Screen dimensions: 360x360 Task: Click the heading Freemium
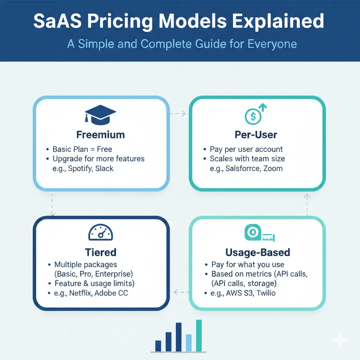click(x=101, y=135)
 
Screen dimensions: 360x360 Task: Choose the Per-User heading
click(x=256, y=135)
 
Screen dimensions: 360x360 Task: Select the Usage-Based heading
click(x=258, y=252)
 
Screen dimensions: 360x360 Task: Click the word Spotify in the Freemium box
click(x=80, y=168)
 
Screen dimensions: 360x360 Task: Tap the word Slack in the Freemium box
click(x=105, y=168)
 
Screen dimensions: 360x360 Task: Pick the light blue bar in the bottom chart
click(x=188, y=342)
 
